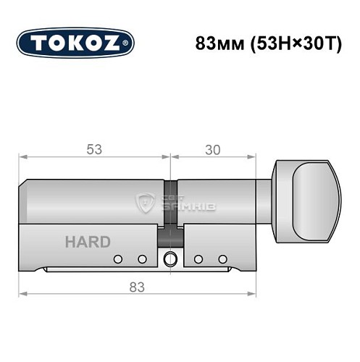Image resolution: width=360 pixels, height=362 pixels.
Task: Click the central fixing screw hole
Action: pos(170,258)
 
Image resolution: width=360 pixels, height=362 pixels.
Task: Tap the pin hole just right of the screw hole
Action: pos(198,259)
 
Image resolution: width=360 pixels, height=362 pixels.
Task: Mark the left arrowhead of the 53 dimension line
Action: pos(22,156)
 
